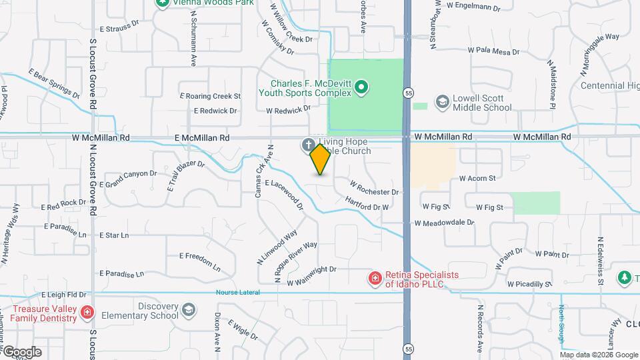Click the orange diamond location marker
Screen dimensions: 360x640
click(x=321, y=159)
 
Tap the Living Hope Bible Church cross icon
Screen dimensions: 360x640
click(x=308, y=144)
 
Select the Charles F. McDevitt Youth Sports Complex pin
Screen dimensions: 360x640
click(x=361, y=86)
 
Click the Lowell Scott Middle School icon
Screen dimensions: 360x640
click(x=441, y=101)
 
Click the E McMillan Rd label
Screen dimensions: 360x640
click(x=201, y=137)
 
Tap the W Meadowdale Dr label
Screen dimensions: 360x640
click(x=444, y=223)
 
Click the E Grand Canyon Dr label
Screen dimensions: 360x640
click(x=128, y=179)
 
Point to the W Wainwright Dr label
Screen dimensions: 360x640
click(x=311, y=276)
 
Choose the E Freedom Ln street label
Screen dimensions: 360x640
click(x=200, y=261)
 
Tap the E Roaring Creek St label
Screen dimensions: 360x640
click(x=210, y=96)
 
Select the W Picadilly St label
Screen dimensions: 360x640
click(x=529, y=283)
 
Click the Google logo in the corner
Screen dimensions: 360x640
click(x=21, y=352)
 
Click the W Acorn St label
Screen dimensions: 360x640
click(x=477, y=179)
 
